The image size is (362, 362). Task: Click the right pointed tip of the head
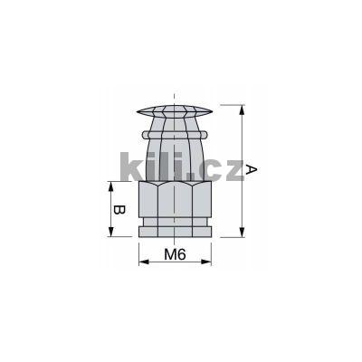coord(215,113)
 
